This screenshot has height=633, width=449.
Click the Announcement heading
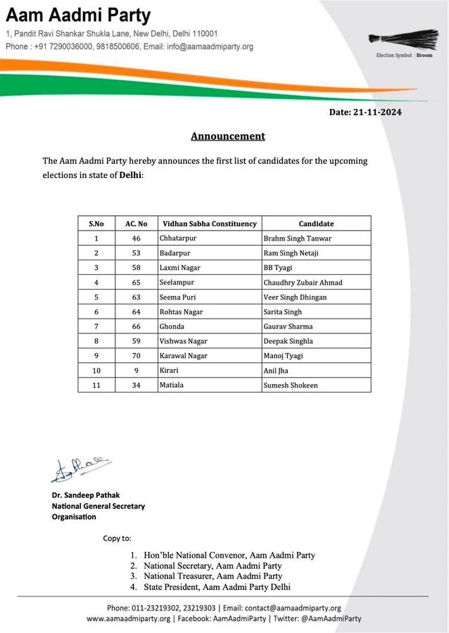coord(228,136)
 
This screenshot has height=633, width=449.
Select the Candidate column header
coord(315,224)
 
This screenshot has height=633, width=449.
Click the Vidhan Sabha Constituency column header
coord(208,224)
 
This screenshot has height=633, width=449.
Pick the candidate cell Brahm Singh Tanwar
coord(296,238)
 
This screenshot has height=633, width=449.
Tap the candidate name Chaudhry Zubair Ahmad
coord(302,283)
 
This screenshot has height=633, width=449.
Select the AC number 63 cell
coord(136,297)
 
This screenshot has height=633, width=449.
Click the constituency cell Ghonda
coord(172,326)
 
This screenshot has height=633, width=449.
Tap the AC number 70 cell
coord(136,356)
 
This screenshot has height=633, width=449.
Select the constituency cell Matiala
coord(173,385)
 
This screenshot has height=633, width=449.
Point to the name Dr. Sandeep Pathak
coord(85,495)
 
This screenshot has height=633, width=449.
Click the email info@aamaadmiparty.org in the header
coord(208,46)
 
